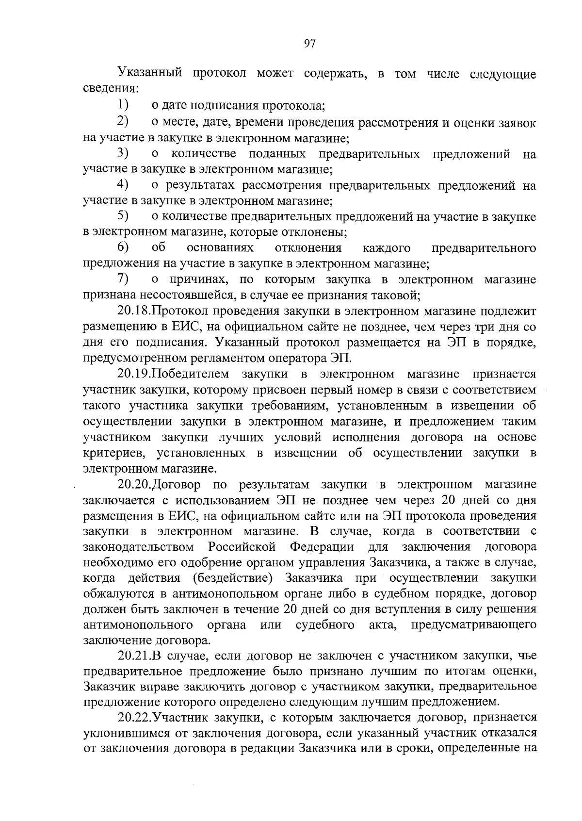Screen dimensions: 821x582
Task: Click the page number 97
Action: tap(309, 44)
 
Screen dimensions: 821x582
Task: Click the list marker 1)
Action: tap(123, 105)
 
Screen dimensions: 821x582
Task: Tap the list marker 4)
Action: tap(123, 185)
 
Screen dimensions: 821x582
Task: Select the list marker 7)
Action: tap(123, 279)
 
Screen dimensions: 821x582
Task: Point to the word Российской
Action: tap(242, 547)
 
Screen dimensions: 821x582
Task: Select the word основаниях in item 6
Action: tap(221, 248)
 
